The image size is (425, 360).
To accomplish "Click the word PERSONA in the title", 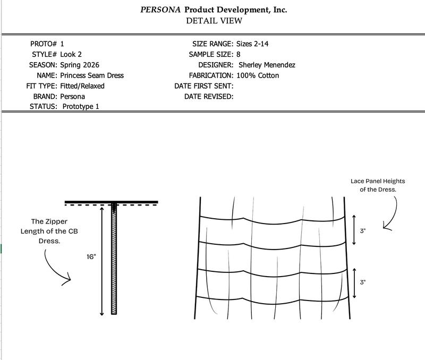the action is (x=160, y=10).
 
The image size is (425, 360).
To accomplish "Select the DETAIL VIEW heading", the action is (x=214, y=21).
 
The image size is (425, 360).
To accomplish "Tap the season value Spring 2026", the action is (x=80, y=65).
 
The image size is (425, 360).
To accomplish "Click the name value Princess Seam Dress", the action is (x=92, y=75).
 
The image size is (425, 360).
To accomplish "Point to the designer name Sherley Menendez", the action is (x=267, y=65).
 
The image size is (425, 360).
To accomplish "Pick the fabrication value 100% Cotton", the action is (x=258, y=75).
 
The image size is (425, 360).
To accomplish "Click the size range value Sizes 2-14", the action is (x=252, y=44).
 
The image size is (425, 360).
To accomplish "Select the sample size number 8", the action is (x=238, y=55).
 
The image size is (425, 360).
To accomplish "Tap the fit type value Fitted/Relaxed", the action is (x=82, y=86).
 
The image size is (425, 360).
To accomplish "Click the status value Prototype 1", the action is (x=81, y=106).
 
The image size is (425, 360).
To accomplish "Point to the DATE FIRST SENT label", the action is (x=204, y=86).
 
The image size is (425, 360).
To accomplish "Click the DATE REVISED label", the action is (x=209, y=97).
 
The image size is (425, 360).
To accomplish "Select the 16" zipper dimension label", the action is (x=91, y=257).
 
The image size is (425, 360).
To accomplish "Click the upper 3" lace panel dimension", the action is (x=363, y=231).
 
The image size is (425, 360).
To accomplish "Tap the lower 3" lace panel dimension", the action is (x=363, y=282).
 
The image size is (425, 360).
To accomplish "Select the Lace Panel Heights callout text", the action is (x=378, y=185).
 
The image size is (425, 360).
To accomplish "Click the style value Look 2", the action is (x=71, y=55).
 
